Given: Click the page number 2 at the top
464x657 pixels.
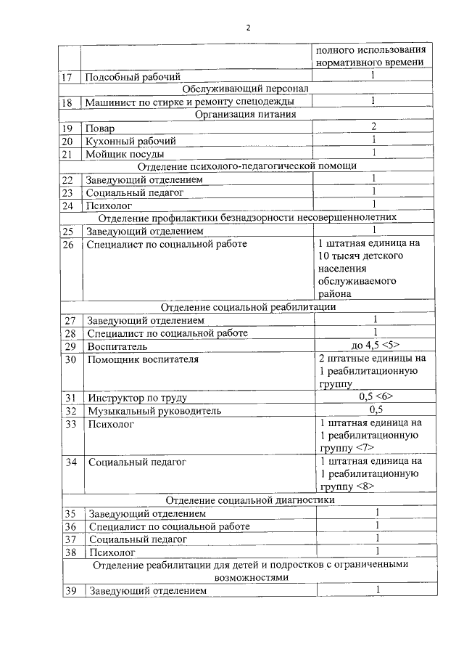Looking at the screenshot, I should click(247, 28).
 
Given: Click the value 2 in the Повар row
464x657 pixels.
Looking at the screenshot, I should click(373, 127).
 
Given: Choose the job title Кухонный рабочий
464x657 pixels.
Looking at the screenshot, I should click(131, 140).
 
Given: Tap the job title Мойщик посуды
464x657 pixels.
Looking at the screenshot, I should click(125, 153).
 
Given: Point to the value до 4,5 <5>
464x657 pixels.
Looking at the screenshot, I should click(373, 346).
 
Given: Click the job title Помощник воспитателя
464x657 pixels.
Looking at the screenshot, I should click(143, 359).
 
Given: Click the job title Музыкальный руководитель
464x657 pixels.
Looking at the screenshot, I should click(154, 410).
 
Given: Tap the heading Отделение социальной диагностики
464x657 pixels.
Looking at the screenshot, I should click(250, 500).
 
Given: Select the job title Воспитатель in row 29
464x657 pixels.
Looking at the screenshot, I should click(117, 346).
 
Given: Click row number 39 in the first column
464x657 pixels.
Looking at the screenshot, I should click(70, 590).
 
